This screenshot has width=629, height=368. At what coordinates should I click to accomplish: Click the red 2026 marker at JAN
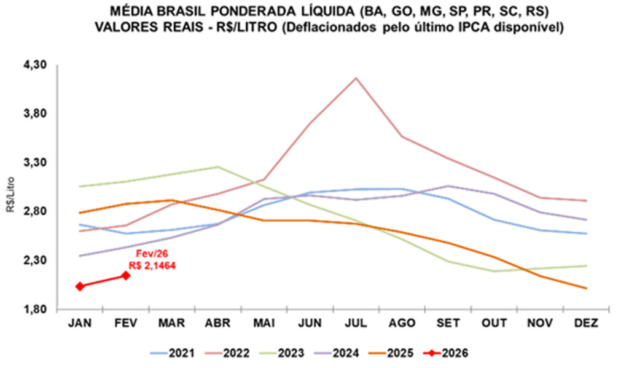click(80, 286)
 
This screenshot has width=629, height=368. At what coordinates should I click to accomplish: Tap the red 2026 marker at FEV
click(126, 275)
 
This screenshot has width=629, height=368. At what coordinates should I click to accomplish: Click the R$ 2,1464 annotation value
click(153, 265)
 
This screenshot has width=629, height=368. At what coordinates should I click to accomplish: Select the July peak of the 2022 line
click(356, 78)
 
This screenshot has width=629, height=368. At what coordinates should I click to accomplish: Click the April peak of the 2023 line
click(218, 166)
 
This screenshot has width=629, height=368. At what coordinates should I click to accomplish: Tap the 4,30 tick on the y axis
click(36, 65)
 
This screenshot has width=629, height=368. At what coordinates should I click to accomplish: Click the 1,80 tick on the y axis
click(36, 309)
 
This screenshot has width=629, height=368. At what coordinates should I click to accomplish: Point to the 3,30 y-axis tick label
click(36, 163)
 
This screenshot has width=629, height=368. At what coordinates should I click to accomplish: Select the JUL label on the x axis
click(356, 323)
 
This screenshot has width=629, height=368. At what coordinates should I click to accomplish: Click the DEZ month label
click(585, 323)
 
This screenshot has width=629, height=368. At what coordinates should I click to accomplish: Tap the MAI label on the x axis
click(264, 323)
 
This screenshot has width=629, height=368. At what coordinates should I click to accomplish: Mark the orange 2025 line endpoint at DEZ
click(585, 288)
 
